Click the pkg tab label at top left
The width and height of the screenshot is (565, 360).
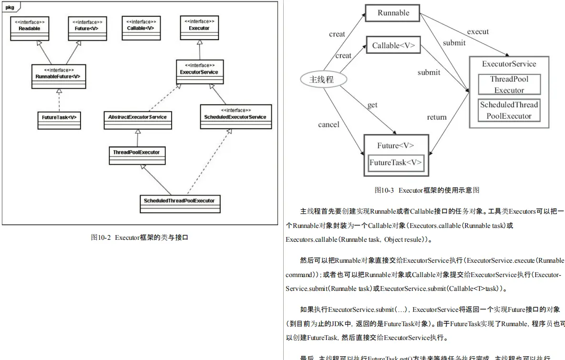(x=10, y=8)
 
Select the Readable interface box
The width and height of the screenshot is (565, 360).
(x=30, y=29)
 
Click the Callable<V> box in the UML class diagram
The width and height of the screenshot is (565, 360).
(x=140, y=29)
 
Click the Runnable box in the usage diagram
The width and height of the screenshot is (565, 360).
(x=393, y=13)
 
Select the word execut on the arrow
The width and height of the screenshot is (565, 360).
(x=478, y=31)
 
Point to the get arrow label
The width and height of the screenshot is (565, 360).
(x=372, y=105)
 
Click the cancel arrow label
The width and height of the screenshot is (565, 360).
(x=329, y=124)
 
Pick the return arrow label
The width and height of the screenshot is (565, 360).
(x=437, y=117)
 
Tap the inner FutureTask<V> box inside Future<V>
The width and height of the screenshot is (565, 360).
(x=396, y=163)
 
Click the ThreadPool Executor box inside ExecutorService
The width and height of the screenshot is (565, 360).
(x=509, y=84)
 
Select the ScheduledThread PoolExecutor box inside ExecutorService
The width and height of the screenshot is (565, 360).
(x=509, y=110)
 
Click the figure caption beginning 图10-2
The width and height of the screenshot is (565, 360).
(x=139, y=237)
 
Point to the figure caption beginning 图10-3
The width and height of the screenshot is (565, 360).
(x=426, y=190)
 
